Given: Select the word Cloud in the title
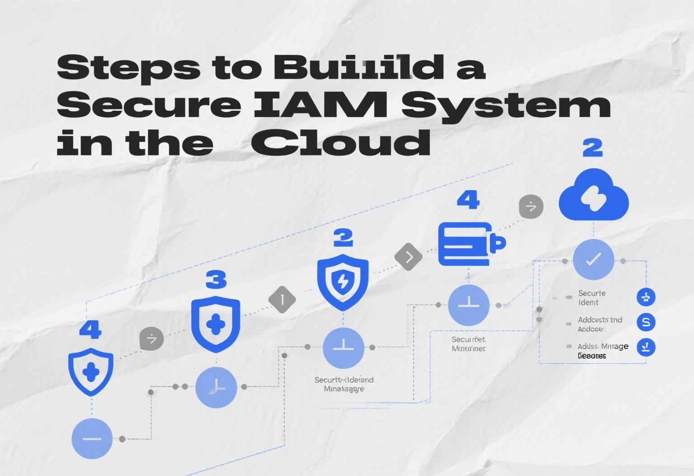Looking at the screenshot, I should pos(340,142).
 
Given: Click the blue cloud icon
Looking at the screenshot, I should pos(593,195).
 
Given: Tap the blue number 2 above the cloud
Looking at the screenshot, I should pos(592,148).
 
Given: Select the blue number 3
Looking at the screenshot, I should pos(216,280).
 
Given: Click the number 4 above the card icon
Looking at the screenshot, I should pos(468,200).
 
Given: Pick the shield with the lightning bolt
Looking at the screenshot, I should pos(343,282).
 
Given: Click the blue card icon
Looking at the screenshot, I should pos(470,244).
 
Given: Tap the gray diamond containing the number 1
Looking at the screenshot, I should pos(282,299).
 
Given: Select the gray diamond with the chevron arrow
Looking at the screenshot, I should pos(408,257).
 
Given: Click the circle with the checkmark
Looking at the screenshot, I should pos(593,259).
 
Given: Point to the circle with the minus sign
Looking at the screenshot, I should pos(92,438).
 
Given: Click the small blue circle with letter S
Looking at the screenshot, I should pos(646,322).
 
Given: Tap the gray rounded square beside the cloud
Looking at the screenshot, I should pos(531,207).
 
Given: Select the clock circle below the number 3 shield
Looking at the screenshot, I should pos(216,387).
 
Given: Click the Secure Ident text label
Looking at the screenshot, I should pos(591,298).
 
